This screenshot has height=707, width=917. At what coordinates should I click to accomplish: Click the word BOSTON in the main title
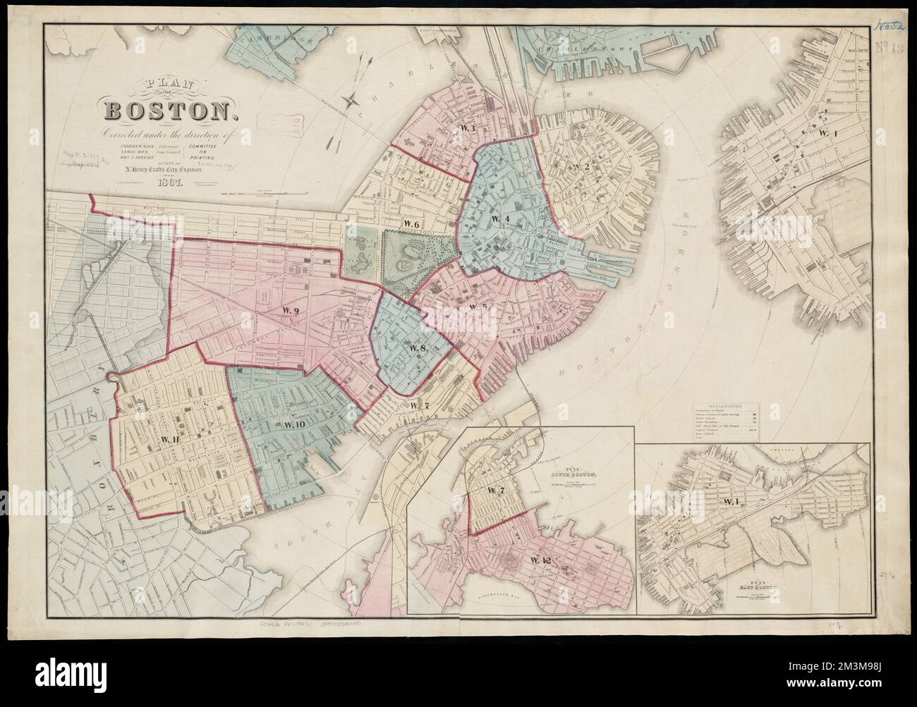(x=167, y=111)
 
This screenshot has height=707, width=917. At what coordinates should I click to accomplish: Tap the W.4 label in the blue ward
(x=499, y=219)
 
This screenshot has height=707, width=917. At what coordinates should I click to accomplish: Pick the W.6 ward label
(x=411, y=223)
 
